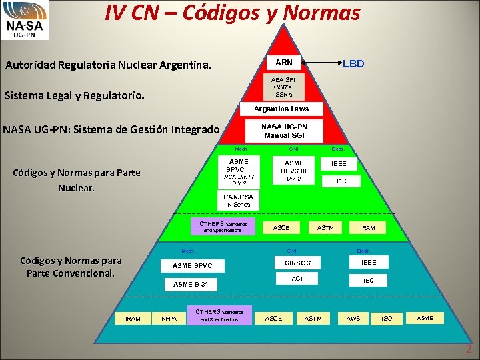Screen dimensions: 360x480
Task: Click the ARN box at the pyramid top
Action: click(x=284, y=63)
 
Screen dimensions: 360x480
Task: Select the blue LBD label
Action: click(x=353, y=64)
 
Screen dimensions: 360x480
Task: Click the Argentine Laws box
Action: click(x=281, y=109)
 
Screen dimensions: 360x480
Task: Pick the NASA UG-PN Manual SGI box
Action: click(x=284, y=131)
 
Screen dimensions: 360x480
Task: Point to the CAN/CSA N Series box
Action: click(x=237, y=200)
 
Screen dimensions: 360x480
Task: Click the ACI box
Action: click(x=297, y=278)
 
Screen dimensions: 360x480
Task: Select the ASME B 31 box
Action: click(x=191, y=284)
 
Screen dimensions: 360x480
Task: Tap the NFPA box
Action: click(x=169, y=319)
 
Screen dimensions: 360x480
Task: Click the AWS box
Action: click(x=353, y=319)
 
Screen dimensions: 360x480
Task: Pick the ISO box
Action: click(x=387, y=319)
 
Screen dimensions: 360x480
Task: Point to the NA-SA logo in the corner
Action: click(x=25, y=20)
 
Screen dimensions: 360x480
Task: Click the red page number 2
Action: click(x=469, y=349)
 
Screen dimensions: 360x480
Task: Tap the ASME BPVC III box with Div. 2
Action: click(x=294, y=171)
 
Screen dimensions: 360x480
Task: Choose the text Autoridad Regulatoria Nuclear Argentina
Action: click(x=109, y=66)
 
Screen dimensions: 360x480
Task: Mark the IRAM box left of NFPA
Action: click(x=133, y=319)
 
